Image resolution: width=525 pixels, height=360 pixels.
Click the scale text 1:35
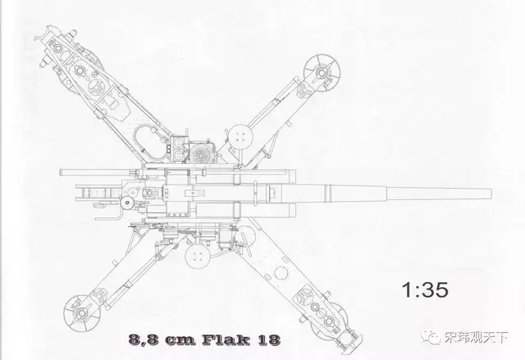coord(425,290)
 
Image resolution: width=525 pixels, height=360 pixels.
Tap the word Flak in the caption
coord(226,339)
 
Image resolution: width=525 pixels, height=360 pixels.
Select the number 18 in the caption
coord(268,340)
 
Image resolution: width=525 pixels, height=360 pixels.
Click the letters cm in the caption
coord(180,341)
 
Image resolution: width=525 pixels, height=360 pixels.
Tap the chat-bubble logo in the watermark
coord(431,336)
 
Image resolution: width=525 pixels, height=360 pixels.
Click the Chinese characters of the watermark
coord(476,337)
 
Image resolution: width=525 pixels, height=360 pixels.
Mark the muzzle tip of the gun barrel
coord(491,194)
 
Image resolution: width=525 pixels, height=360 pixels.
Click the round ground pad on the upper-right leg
coord(322,73)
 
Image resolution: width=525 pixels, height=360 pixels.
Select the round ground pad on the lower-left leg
coord(82,313)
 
